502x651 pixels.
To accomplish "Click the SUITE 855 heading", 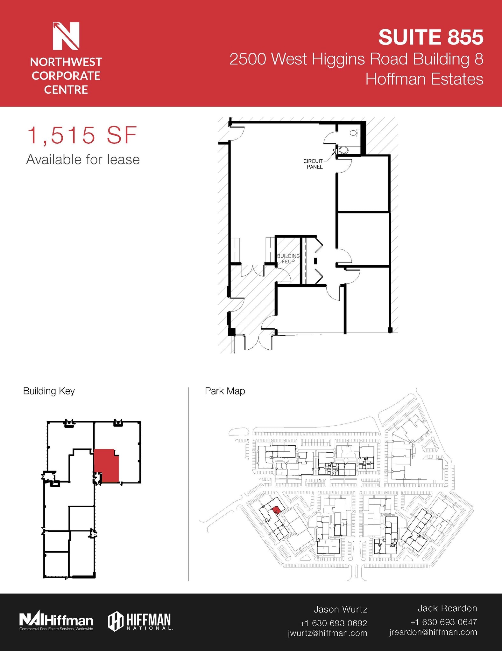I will [430, 37].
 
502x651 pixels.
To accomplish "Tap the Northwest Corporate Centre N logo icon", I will [66, 36].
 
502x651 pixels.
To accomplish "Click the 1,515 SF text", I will [82, 135].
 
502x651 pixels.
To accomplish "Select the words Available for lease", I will [83, 160].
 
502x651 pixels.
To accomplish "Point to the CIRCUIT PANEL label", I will [314, 164].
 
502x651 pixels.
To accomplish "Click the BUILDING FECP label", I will [288, 259].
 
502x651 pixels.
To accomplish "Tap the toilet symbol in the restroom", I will [354, 133].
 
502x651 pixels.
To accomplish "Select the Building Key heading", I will [49, 391].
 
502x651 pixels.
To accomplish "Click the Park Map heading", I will [225, 391].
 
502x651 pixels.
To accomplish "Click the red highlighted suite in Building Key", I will [107, 465].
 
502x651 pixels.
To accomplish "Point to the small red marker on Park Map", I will [276, 510].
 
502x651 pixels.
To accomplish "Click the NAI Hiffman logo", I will [56, 621].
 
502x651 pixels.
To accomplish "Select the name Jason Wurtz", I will [340, 609].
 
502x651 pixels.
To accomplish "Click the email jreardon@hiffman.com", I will [433, 632].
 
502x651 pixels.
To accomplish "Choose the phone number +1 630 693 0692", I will [333, 623].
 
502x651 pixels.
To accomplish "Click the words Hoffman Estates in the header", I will [424, 79].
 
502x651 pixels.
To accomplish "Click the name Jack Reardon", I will [447, 608].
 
